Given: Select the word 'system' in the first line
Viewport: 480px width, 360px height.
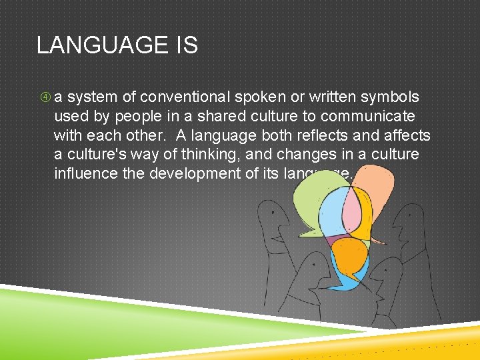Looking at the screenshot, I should click(91, 98).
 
